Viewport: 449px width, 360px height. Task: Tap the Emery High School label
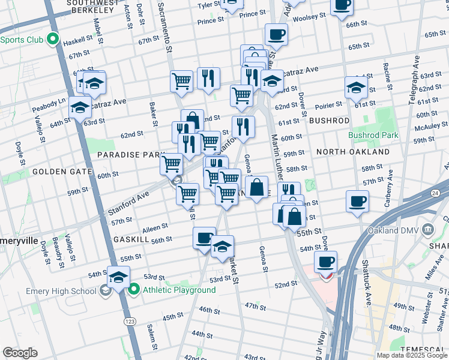tap(61, 291)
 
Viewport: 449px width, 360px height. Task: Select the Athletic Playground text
tap(179, 290)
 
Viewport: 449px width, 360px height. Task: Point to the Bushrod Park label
tap(373, 135)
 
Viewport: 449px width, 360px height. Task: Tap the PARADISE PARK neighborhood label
tap(127, 155)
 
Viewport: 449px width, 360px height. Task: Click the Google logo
tap(20, 353)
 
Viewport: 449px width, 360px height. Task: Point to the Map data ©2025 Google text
tap(412, 355)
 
